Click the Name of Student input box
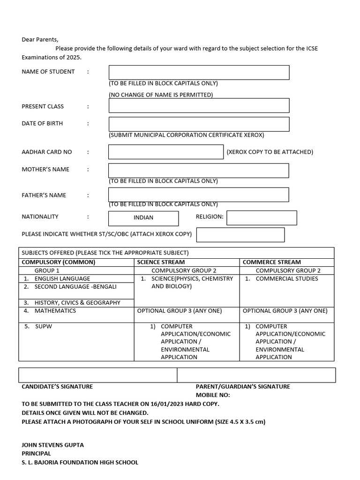tap(199, 73)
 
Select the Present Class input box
tap(199, 105)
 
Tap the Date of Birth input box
tap(199, 124)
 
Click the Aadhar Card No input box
tap(166, 152)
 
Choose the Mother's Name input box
tap(199, 171)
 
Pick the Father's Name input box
tap(199, 195)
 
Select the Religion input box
tap(262, 218)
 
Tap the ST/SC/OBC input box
tap(240, 235)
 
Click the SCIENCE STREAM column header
tap(161, 262)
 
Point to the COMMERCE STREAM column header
tap(272, 262)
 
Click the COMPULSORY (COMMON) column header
tap(59, 262)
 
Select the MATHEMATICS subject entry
tap(55, 311)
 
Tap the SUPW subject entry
tap(43, 326)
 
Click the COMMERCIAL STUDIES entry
tap(286, 279)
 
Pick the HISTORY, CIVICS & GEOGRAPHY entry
tap(77, 303)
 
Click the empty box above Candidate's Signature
tap(97, 375)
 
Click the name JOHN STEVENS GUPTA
tap(53, 445)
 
